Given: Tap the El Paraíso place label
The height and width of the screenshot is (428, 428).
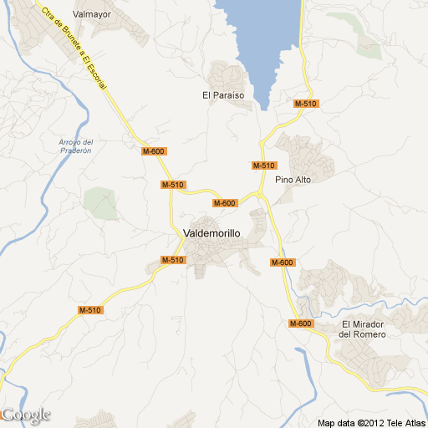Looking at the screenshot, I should coord(223,95).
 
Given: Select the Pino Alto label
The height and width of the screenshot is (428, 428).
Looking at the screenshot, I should coord(293,180).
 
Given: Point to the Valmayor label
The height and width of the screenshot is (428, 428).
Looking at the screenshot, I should coord(92,14).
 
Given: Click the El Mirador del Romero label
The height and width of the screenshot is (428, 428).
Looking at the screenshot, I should coord(364,329).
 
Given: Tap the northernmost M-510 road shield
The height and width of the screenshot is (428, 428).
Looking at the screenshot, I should coord(305,103).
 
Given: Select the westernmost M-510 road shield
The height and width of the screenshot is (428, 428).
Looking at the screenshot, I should coord(89,310).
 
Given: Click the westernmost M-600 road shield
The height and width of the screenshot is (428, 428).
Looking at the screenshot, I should coord(154,151).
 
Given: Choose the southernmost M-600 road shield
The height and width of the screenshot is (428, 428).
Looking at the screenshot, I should coord(301,324).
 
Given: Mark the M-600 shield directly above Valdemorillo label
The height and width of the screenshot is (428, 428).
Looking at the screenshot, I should coord(224,203).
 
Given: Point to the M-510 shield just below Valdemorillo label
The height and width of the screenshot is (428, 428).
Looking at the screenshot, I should coord(172,260).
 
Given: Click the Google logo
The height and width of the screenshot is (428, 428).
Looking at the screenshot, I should coord(26,415).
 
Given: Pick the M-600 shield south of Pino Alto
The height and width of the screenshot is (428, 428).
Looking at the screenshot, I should coord(283,262).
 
